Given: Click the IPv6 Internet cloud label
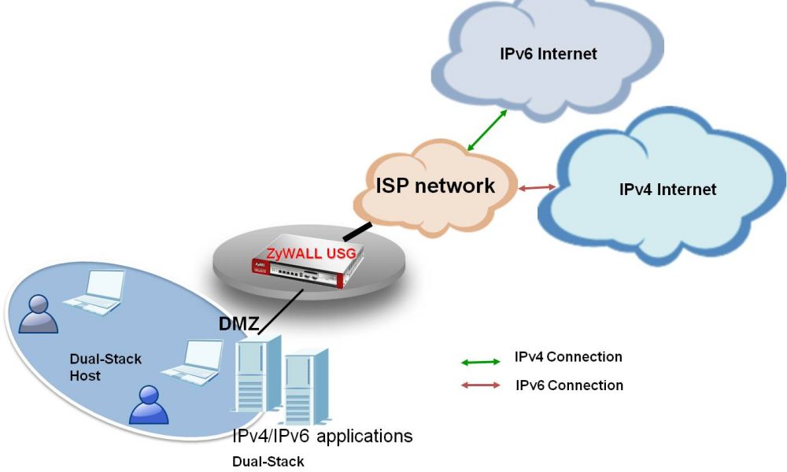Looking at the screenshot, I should coord(549,54).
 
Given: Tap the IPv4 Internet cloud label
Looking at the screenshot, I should coord(667,190).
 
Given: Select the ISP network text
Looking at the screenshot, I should coord(434,186).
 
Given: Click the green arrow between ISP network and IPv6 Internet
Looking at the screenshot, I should coord(487,130).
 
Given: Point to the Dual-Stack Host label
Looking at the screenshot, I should coord(105,367).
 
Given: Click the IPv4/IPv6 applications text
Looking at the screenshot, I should coord(322,436).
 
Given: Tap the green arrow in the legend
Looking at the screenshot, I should coord(480,362).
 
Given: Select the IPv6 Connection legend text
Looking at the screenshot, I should coord(569,385).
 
